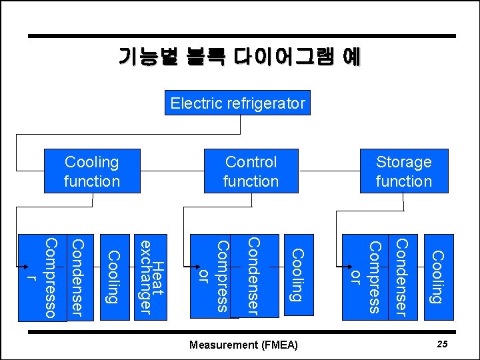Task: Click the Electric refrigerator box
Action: point(238,103)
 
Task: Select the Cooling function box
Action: point(92,171)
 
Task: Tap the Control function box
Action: point(251,171)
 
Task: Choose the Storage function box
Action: point(403,171)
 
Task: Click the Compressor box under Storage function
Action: point(366,276)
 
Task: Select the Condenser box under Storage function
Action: point(403,276)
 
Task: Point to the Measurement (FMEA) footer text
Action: point(243,345)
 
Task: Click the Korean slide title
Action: point(239,57)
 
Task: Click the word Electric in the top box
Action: point(197,103)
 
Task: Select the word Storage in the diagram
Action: point(403,162)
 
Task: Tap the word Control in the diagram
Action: point(251,162)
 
